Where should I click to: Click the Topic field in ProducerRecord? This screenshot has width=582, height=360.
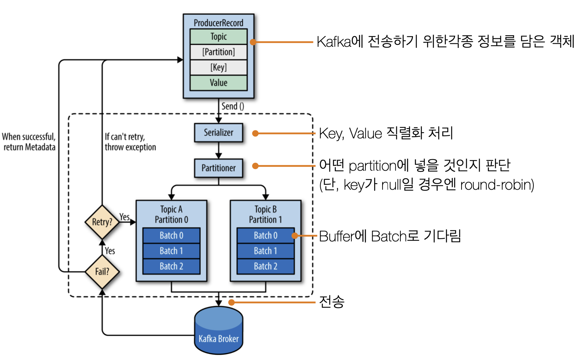(218, 36)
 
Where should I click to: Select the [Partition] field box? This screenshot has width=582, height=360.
(218, 52)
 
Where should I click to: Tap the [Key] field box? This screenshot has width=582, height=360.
(218, 68)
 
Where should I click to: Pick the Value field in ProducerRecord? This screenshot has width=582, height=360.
(218, 83)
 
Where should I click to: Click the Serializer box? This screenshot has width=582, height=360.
(218, 133)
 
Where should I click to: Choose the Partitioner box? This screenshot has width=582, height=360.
(218, 168)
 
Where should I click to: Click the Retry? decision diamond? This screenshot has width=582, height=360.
(102, 222)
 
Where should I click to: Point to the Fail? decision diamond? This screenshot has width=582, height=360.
(102, 272)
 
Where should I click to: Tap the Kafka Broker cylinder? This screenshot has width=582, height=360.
(218, 330)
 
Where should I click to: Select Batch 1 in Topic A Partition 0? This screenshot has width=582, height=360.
(171, 251)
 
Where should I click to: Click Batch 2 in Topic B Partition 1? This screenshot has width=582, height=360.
(266, 266)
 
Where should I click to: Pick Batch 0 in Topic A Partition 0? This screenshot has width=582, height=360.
(171, 235)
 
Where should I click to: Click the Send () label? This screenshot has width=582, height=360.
(233, 106)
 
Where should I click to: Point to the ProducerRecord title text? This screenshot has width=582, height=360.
(218, 23)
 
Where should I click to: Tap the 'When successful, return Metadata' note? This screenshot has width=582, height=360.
(29, 142)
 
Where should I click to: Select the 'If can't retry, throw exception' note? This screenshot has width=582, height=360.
(130, 142)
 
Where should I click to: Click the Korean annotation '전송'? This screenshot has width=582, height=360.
(332, 302)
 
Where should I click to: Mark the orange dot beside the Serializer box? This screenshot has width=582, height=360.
(255, 133)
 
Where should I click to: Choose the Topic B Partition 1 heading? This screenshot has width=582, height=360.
(266, 214)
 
